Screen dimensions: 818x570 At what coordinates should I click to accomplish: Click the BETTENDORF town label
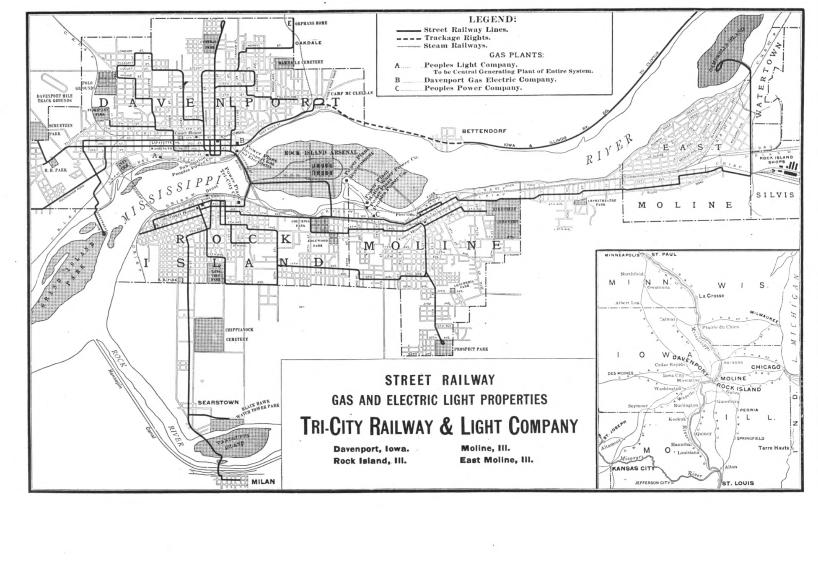484,131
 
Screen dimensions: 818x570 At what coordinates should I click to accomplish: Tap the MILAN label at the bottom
263,482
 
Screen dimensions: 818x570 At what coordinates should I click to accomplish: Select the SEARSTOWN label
218,402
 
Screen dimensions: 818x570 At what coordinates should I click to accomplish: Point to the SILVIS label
775,195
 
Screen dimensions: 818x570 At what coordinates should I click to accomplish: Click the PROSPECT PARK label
471,349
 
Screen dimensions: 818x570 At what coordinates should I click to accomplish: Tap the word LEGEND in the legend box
492,19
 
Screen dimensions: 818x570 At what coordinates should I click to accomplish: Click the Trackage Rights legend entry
457,38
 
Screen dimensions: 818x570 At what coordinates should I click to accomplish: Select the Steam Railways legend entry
455,46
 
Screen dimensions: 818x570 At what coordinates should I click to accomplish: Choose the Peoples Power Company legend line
473,88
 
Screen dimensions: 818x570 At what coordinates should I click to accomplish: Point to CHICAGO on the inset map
766,367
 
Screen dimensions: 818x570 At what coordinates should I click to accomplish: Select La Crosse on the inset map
712,295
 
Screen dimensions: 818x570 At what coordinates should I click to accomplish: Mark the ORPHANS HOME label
311,23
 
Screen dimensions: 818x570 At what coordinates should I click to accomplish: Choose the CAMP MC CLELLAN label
352,93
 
